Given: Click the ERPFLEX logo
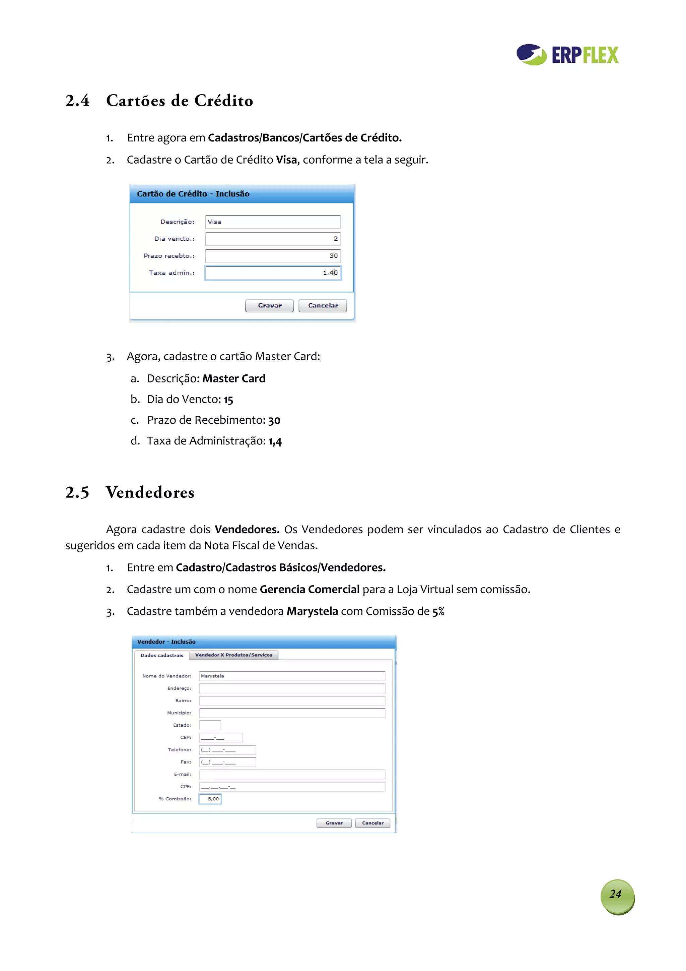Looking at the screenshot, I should [x=567, y=55].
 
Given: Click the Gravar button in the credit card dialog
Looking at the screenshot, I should [x=269, y=305].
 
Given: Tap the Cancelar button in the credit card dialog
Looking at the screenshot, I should [x=323, y=305].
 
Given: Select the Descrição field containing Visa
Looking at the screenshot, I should [x=273, y=222].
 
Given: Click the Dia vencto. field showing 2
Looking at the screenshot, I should [x=273, y=239].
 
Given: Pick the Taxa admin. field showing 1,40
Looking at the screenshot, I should [x=273, y=273].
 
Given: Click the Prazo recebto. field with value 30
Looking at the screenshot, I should [x=273, y=256].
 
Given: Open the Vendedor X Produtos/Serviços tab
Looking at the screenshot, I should [x=233, y=655].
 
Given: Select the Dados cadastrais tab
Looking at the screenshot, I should [x=161, y=656].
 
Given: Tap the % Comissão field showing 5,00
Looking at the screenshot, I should [x=210, y=799].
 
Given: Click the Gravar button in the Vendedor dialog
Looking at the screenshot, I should [x=334, y=823].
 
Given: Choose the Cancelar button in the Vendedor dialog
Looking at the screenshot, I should [x=372, y=823].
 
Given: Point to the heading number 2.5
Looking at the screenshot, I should [x=77, y=493].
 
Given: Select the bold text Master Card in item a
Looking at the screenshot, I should [x=234, y=378].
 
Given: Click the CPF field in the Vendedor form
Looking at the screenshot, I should [x=292, y=787].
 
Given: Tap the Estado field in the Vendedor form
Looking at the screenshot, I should [x=210, y=725].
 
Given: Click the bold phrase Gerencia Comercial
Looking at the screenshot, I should [x=310, y=590].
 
